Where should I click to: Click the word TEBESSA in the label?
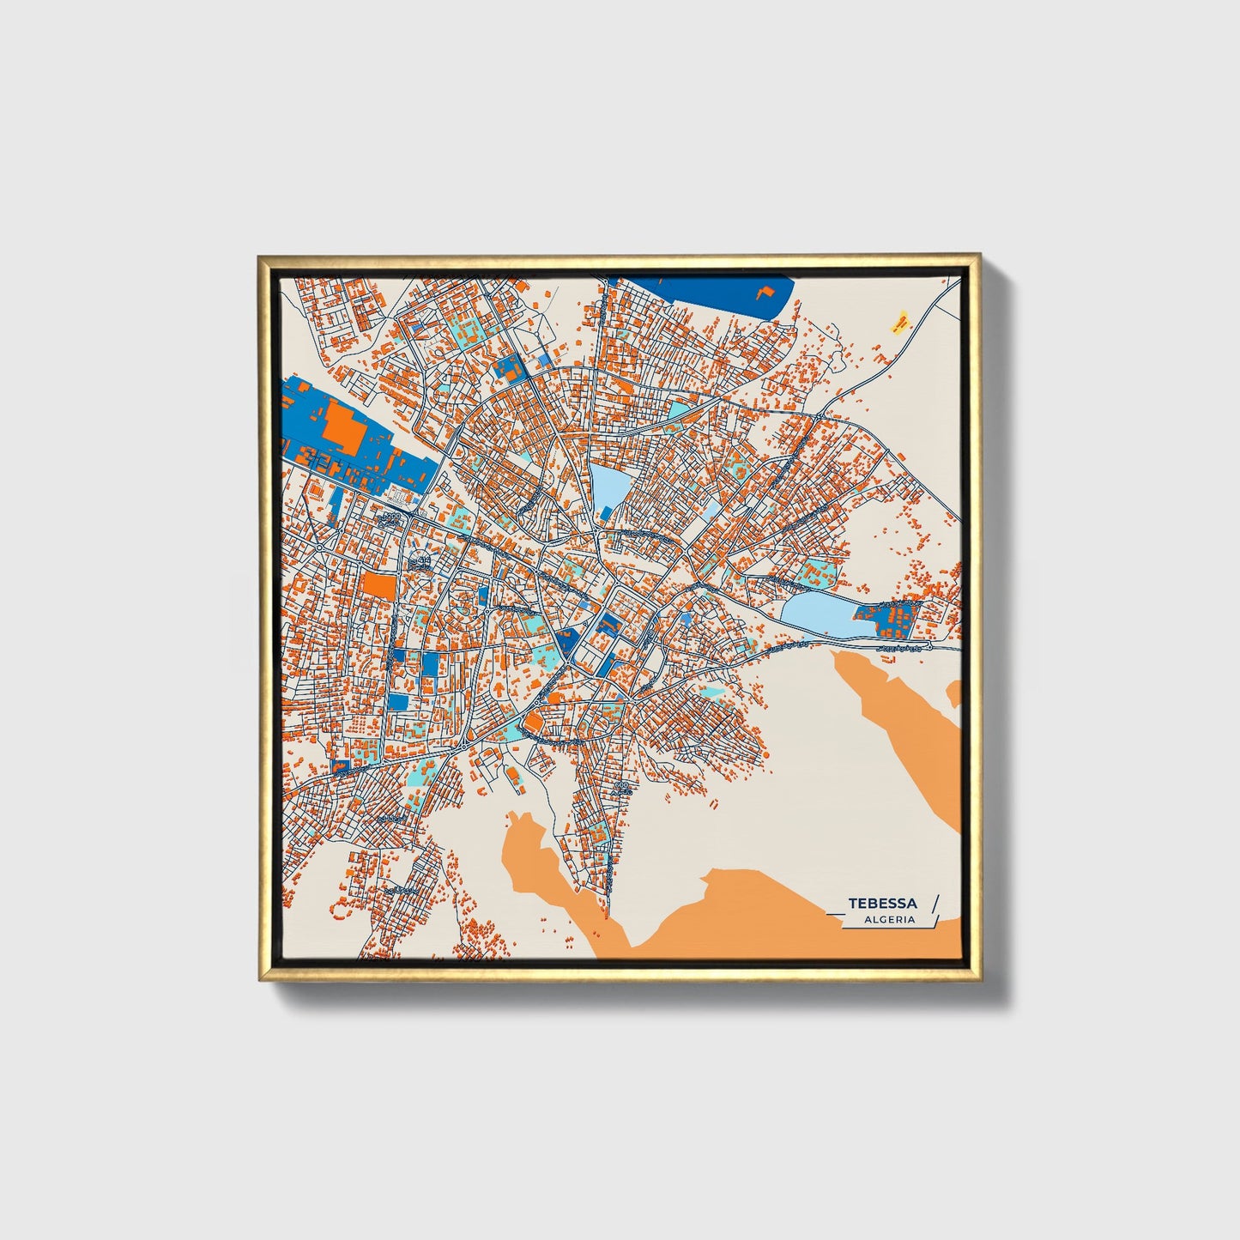tap(882, 904)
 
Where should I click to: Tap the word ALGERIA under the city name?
tap(890, 919)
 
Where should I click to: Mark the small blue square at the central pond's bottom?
tap(606, 512)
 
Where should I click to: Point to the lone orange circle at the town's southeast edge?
tap(765, 754)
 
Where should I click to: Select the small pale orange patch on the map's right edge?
tap(954, 693)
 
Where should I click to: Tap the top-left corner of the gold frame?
tap(260, 256)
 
